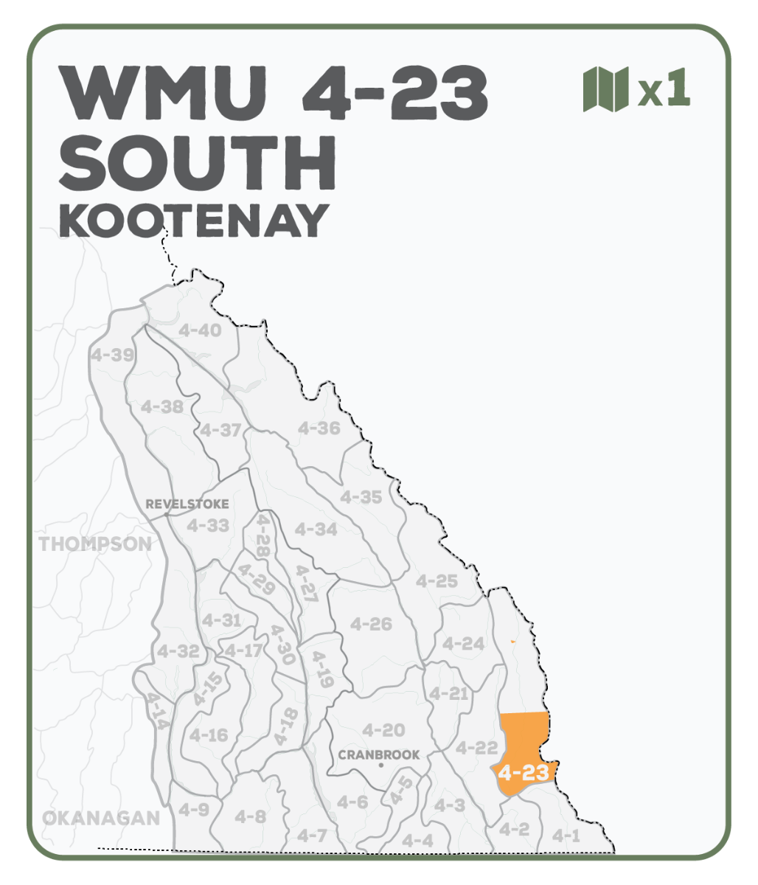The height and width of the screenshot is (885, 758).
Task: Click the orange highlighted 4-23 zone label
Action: (x=523, y=773)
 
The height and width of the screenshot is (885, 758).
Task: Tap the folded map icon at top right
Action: (x=605, y=88)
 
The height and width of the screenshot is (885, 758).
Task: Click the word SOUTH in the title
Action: (x=198, y=163)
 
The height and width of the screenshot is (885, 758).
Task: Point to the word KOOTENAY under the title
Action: (x=193, y=220)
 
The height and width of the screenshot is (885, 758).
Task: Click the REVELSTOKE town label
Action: (x=187, y=504)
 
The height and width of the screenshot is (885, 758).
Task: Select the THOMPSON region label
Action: (x=95, y=544)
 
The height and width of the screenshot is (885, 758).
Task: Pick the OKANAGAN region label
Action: (x=101, y=818)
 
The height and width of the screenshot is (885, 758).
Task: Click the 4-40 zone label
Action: (x=199, y=330)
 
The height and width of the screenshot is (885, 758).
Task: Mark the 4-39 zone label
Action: (x=112, y=355)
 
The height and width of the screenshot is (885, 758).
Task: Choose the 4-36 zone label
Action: (x=319, y=428)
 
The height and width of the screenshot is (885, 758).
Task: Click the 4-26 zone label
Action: (x=371, y=624)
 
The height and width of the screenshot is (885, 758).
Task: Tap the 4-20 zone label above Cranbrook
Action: (x=383, y=730)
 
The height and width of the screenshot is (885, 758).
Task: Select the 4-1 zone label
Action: (x=566, y=836)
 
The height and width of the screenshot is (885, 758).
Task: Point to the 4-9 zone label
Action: (x=193, y=810)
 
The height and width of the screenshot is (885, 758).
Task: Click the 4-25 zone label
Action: (x=437, y=581)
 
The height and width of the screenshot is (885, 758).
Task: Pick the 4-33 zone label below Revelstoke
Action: (x=207, y=526)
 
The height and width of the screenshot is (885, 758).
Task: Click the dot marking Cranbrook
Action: (x=380, y=766)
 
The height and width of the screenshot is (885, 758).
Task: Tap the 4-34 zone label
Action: (x=316, y=529)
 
